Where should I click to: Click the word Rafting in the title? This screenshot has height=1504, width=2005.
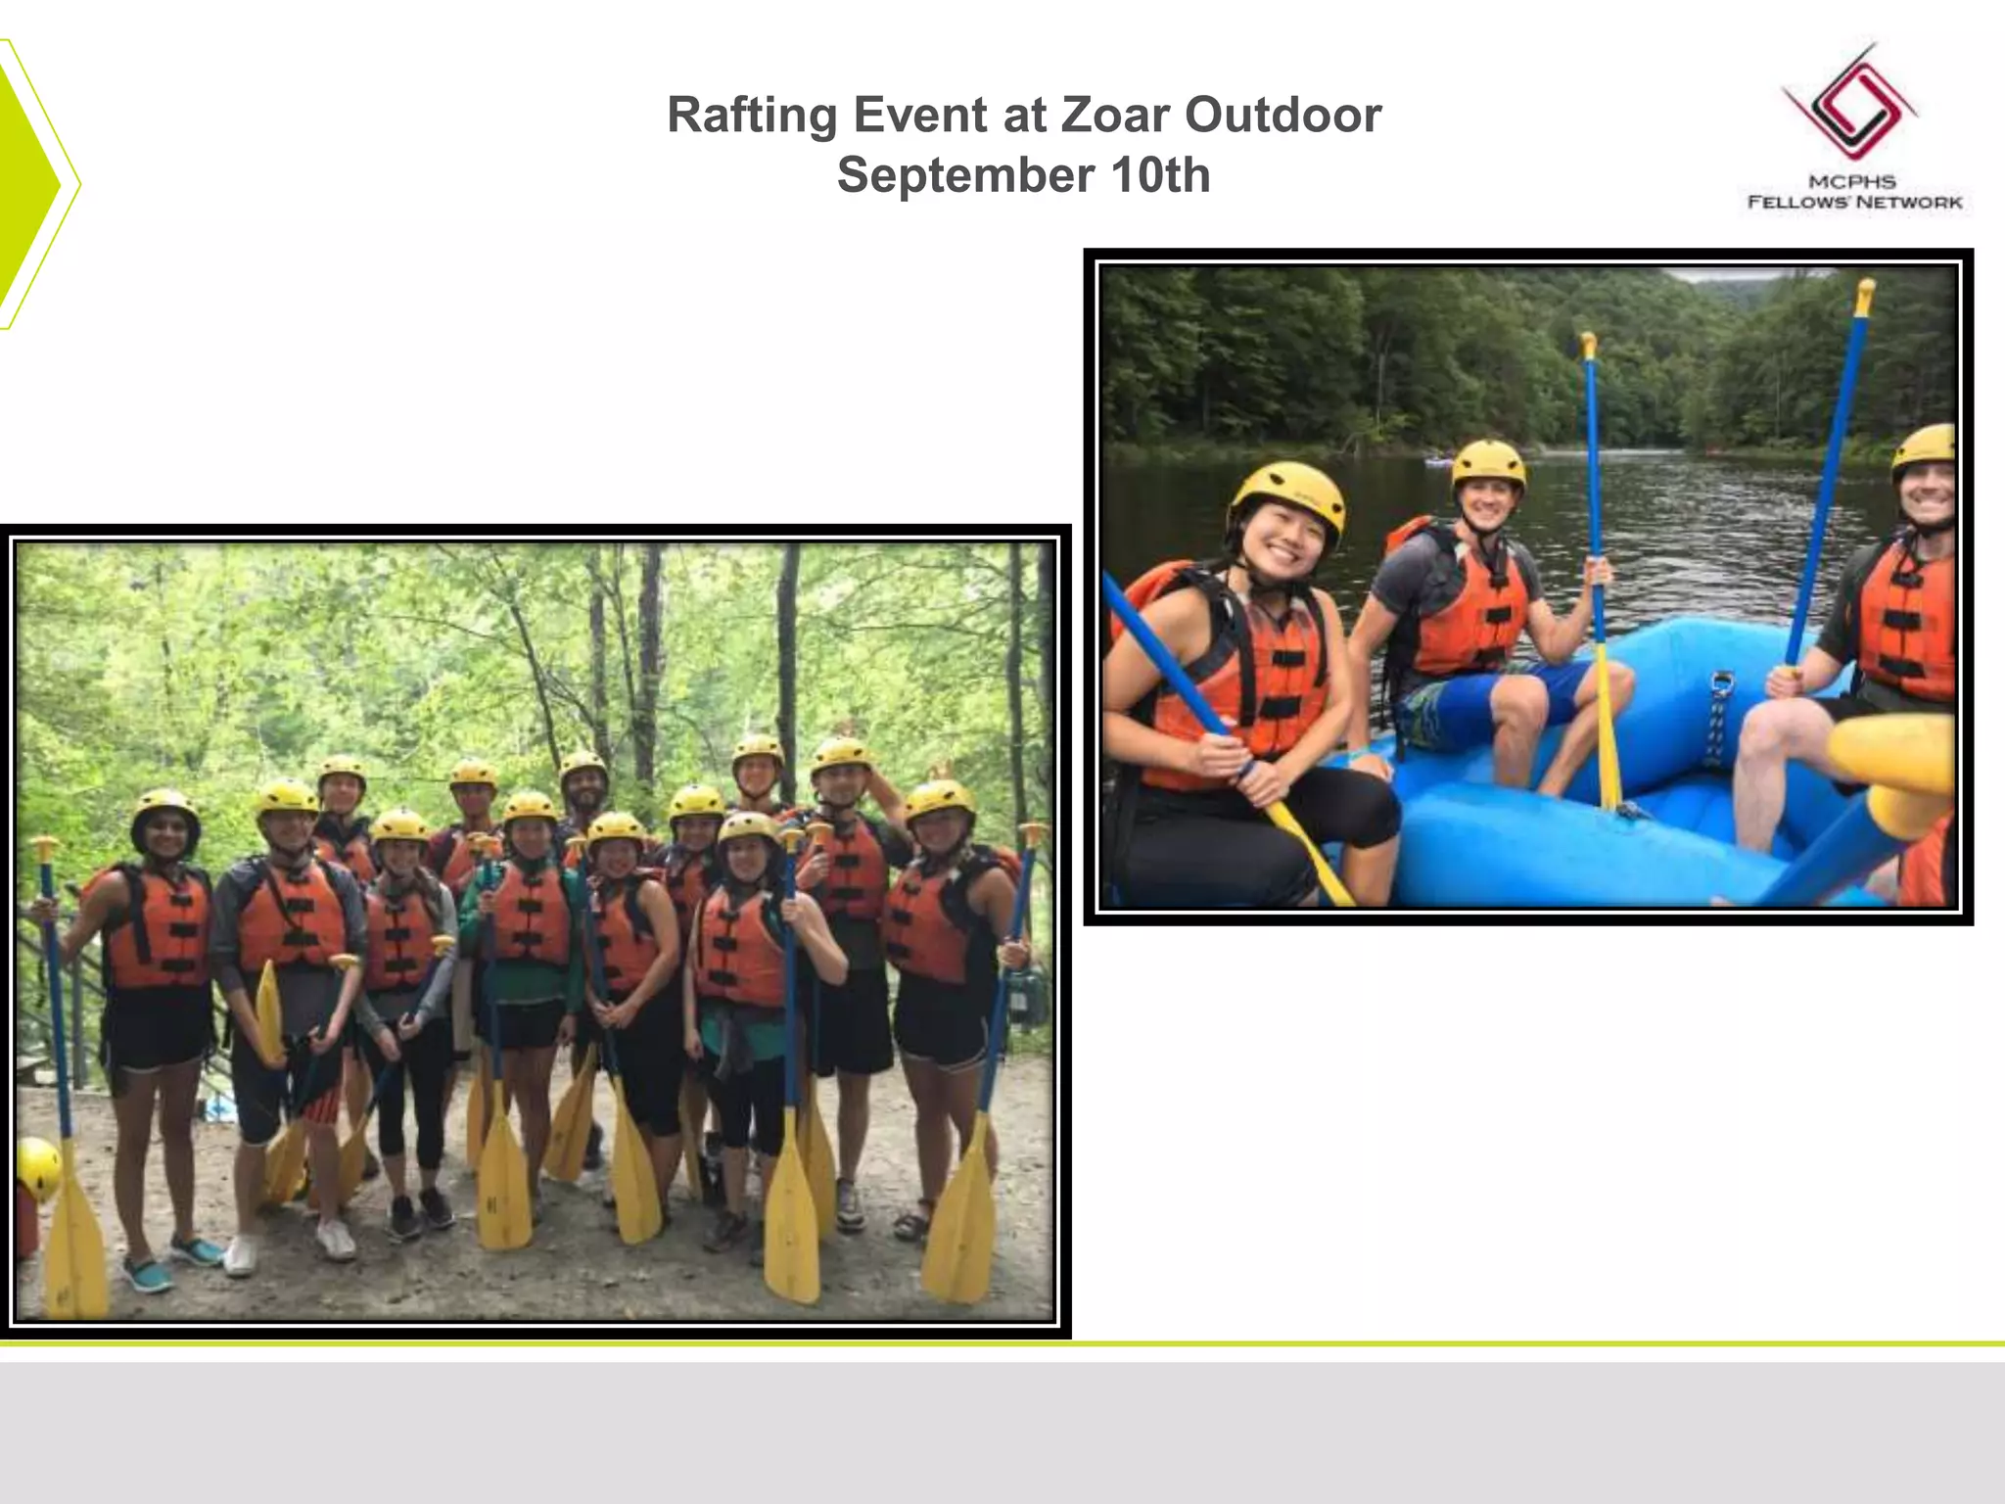point(751,116)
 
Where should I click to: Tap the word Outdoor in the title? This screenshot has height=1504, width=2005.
point(1283,116)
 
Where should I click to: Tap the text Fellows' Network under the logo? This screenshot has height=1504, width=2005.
point(1855,203)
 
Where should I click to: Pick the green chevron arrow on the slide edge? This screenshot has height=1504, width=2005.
point(34,184)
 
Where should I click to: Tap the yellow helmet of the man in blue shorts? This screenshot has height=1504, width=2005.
point(1488,462)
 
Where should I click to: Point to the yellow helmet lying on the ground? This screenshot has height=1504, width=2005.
point(37,1167)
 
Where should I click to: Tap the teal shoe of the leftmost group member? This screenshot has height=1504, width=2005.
point(147,1275)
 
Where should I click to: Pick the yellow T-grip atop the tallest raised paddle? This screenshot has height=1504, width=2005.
point(1865,294)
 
